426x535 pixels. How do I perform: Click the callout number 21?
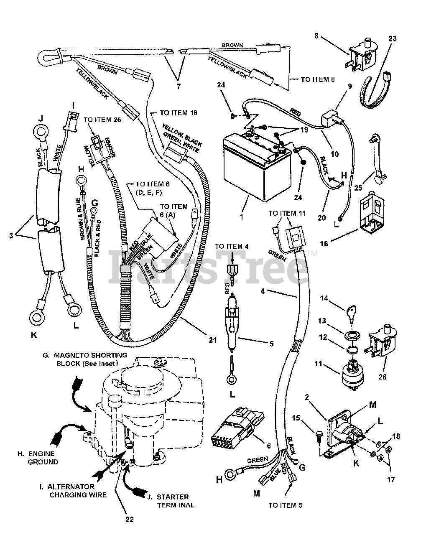tap(213, 340)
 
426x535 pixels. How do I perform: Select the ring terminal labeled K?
tap(37, 318)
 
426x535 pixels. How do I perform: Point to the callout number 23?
tap(392, 38)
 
